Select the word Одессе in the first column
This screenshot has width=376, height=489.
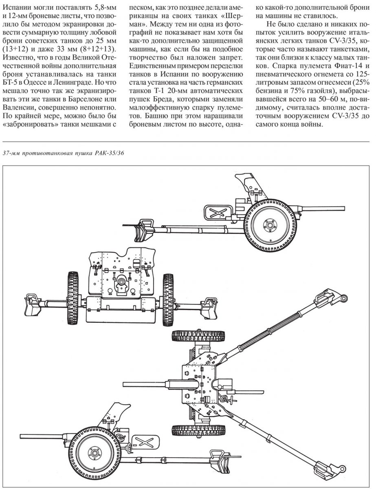pyautogui.click(x=37, y=83)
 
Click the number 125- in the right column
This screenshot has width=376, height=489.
pyautogui.click(x=363, y=75)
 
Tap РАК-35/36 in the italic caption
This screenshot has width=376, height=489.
pyautogui.click(x=108, y=154)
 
